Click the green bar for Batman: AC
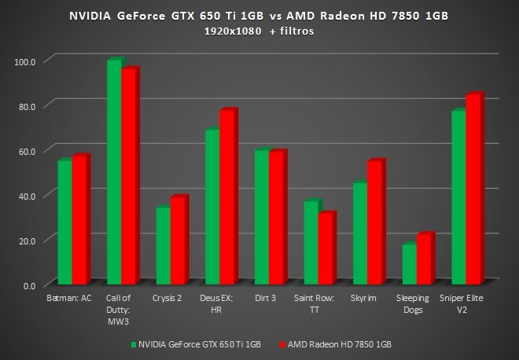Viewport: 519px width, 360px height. coord(64,222)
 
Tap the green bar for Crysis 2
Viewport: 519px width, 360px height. coord(162,245)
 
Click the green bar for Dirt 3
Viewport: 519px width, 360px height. coord(261,217)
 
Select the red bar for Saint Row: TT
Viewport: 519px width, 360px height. coord(326,248)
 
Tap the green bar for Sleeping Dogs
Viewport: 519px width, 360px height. coord(409,264)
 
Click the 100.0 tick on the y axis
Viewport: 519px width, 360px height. coord(26,61)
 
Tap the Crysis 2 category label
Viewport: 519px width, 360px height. coord(169,299)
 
